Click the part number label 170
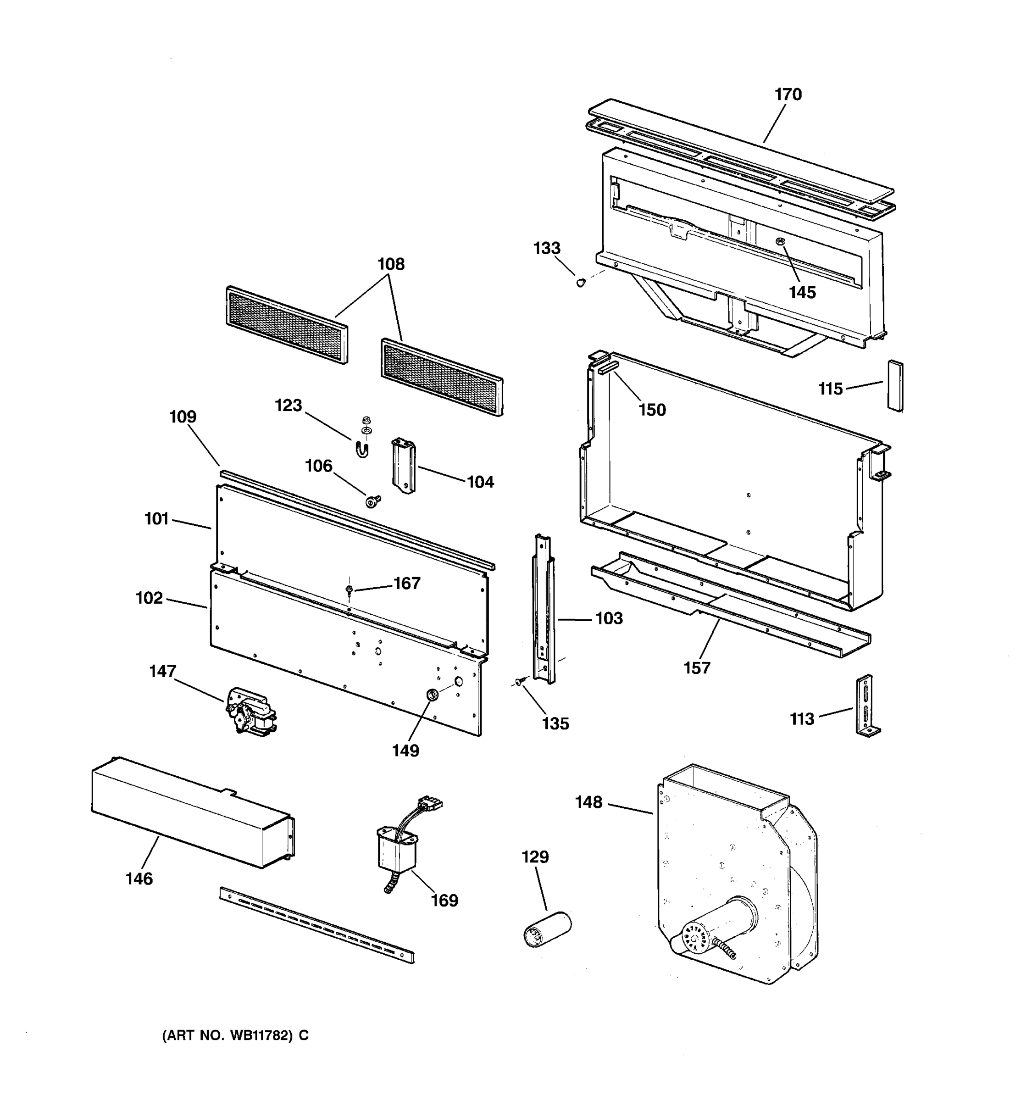coord(788,95)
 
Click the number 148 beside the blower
coord(588,802)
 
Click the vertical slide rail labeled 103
coord(543,609)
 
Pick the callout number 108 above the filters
coord(391,264)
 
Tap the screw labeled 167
coord(349,589)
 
